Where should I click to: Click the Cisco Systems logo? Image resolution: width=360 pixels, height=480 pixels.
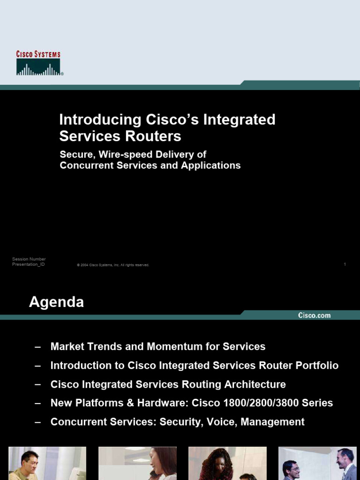click(40, 63)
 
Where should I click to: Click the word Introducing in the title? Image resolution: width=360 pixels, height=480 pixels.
click(100, 120)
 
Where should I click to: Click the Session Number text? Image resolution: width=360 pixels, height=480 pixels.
click(29, 259)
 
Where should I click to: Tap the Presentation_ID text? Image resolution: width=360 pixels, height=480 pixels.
click(28, 264)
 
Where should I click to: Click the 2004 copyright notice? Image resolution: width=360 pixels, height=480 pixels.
click(113, 265)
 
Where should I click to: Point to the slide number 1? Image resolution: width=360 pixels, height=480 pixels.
click(345, 264)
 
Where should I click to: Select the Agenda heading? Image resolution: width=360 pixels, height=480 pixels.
click(56, 302)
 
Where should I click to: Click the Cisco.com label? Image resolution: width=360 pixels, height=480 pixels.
click(315, 315)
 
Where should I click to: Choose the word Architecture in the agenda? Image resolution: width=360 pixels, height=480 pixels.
click(255, 384)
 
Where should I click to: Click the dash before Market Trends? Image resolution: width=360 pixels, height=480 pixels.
click(38, 347)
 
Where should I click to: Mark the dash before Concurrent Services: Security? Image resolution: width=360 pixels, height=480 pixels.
click(38, 423)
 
